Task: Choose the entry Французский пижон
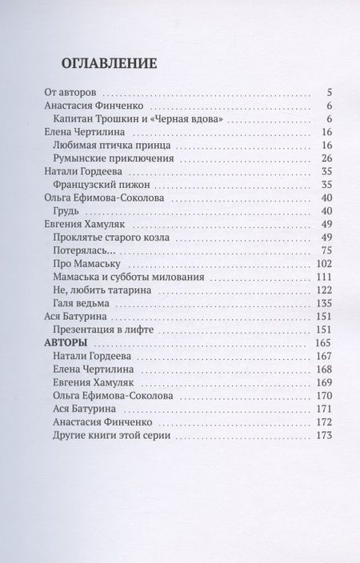click(96, 185)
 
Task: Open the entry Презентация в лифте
click(102, 329)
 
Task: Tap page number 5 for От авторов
click(328, 93)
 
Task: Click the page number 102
click(323, 264)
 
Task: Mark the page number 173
click(323, 435)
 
